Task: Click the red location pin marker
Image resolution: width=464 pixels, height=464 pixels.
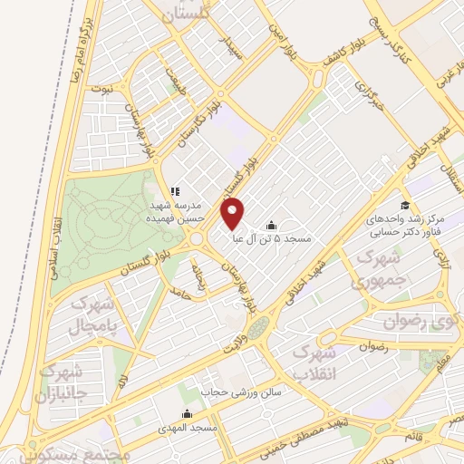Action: click(233, 212)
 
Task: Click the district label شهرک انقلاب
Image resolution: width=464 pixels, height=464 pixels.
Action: click(321, 361)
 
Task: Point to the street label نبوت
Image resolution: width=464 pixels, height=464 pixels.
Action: click(106, 89)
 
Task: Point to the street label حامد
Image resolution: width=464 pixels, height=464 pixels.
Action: click(182, 291)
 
